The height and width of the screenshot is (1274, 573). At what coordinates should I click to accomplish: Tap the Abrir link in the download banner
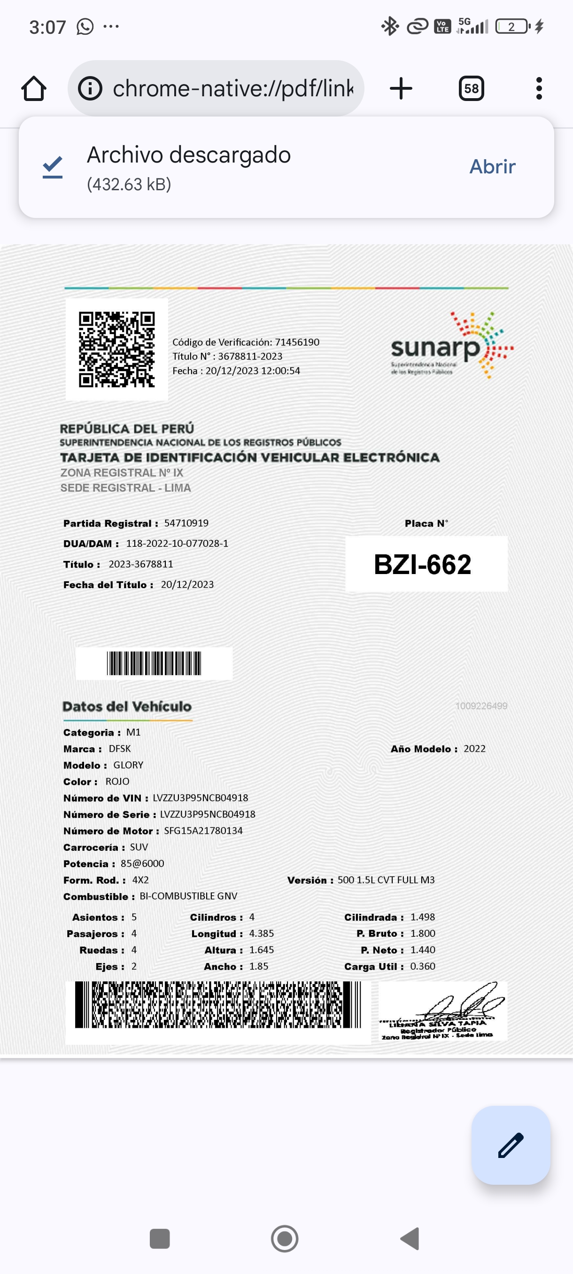492,167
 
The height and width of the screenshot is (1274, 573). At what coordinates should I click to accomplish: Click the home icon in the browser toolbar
34,88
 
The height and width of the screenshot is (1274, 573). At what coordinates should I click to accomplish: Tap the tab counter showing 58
471,88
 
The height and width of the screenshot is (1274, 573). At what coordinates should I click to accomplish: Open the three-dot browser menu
539,88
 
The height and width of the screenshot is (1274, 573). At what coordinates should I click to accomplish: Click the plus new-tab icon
401,88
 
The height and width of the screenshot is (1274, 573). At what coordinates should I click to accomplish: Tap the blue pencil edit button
511,1144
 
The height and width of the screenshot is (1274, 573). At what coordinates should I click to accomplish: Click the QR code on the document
116,349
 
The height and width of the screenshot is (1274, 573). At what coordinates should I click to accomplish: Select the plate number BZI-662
423,564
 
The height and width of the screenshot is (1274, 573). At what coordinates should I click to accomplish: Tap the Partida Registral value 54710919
186,523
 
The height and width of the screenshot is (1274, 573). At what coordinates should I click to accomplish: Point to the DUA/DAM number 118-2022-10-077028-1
177,544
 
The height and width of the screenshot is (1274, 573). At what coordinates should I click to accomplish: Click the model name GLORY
129,765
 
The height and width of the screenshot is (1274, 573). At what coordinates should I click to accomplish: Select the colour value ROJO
117,781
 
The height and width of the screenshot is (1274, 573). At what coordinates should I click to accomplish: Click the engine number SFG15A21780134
203,831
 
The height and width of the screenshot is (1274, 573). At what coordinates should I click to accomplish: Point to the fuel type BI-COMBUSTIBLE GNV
188,896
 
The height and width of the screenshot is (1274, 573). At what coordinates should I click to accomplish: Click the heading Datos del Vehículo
127,706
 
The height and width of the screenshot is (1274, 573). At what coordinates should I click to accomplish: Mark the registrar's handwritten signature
465,1002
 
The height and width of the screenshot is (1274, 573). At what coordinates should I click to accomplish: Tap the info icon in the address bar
90,88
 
